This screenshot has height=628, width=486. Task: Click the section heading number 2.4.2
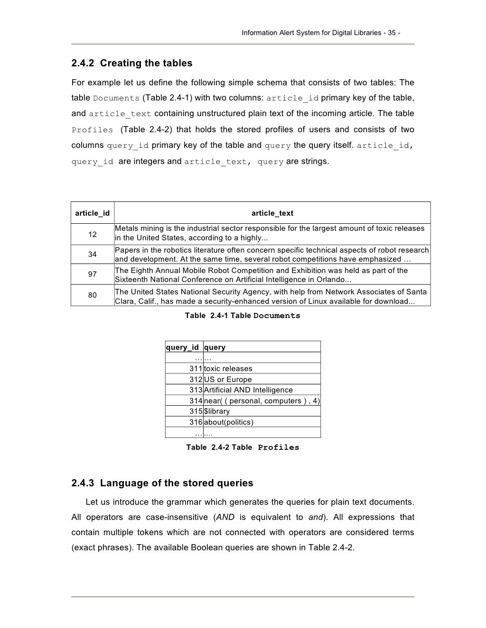83,63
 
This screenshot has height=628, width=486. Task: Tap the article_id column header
93,213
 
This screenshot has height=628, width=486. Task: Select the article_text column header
272,213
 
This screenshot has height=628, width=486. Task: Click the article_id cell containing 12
93,234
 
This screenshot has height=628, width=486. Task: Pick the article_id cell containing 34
93,255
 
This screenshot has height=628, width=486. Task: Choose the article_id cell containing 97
93,274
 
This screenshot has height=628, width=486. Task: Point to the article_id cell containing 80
93,295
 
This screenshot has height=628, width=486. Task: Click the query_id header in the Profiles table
182,347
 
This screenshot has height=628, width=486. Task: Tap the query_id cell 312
196,380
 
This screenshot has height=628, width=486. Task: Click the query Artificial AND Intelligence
248,390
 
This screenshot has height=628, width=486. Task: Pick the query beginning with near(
262,401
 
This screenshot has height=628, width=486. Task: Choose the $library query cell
217,411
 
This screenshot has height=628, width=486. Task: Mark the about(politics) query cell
229,422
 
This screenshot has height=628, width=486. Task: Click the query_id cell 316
196,422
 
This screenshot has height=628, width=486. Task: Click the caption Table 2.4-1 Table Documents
243,316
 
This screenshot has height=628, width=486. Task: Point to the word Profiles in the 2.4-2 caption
279,447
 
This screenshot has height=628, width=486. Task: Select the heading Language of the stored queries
177,483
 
